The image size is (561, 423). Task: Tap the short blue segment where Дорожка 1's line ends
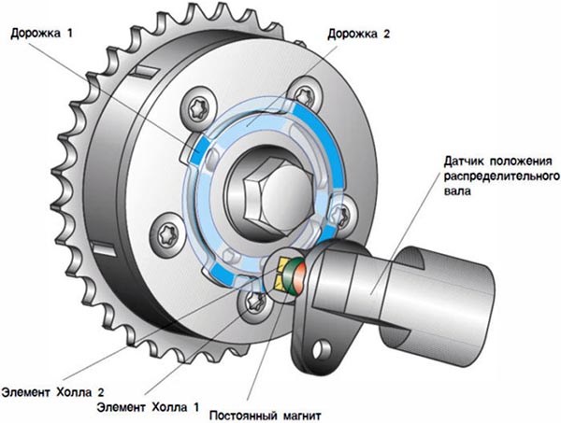(x=194, y=149)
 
